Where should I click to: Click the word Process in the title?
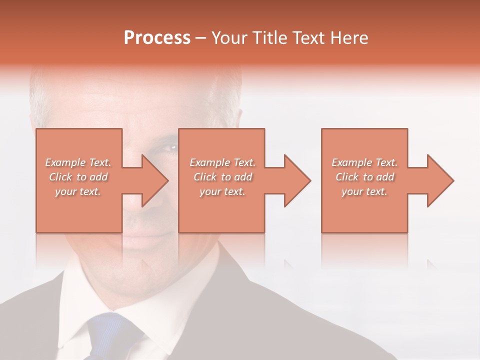click(157, 38)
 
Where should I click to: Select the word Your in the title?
click(229, 38)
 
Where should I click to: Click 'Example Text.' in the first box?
click(78, 162)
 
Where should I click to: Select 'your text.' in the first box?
click(78, 191)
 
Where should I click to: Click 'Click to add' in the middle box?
click(222, 177)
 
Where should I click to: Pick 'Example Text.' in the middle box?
click(222, 162)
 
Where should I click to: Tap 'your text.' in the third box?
click(364, 191)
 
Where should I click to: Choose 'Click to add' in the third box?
click(364, 177)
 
